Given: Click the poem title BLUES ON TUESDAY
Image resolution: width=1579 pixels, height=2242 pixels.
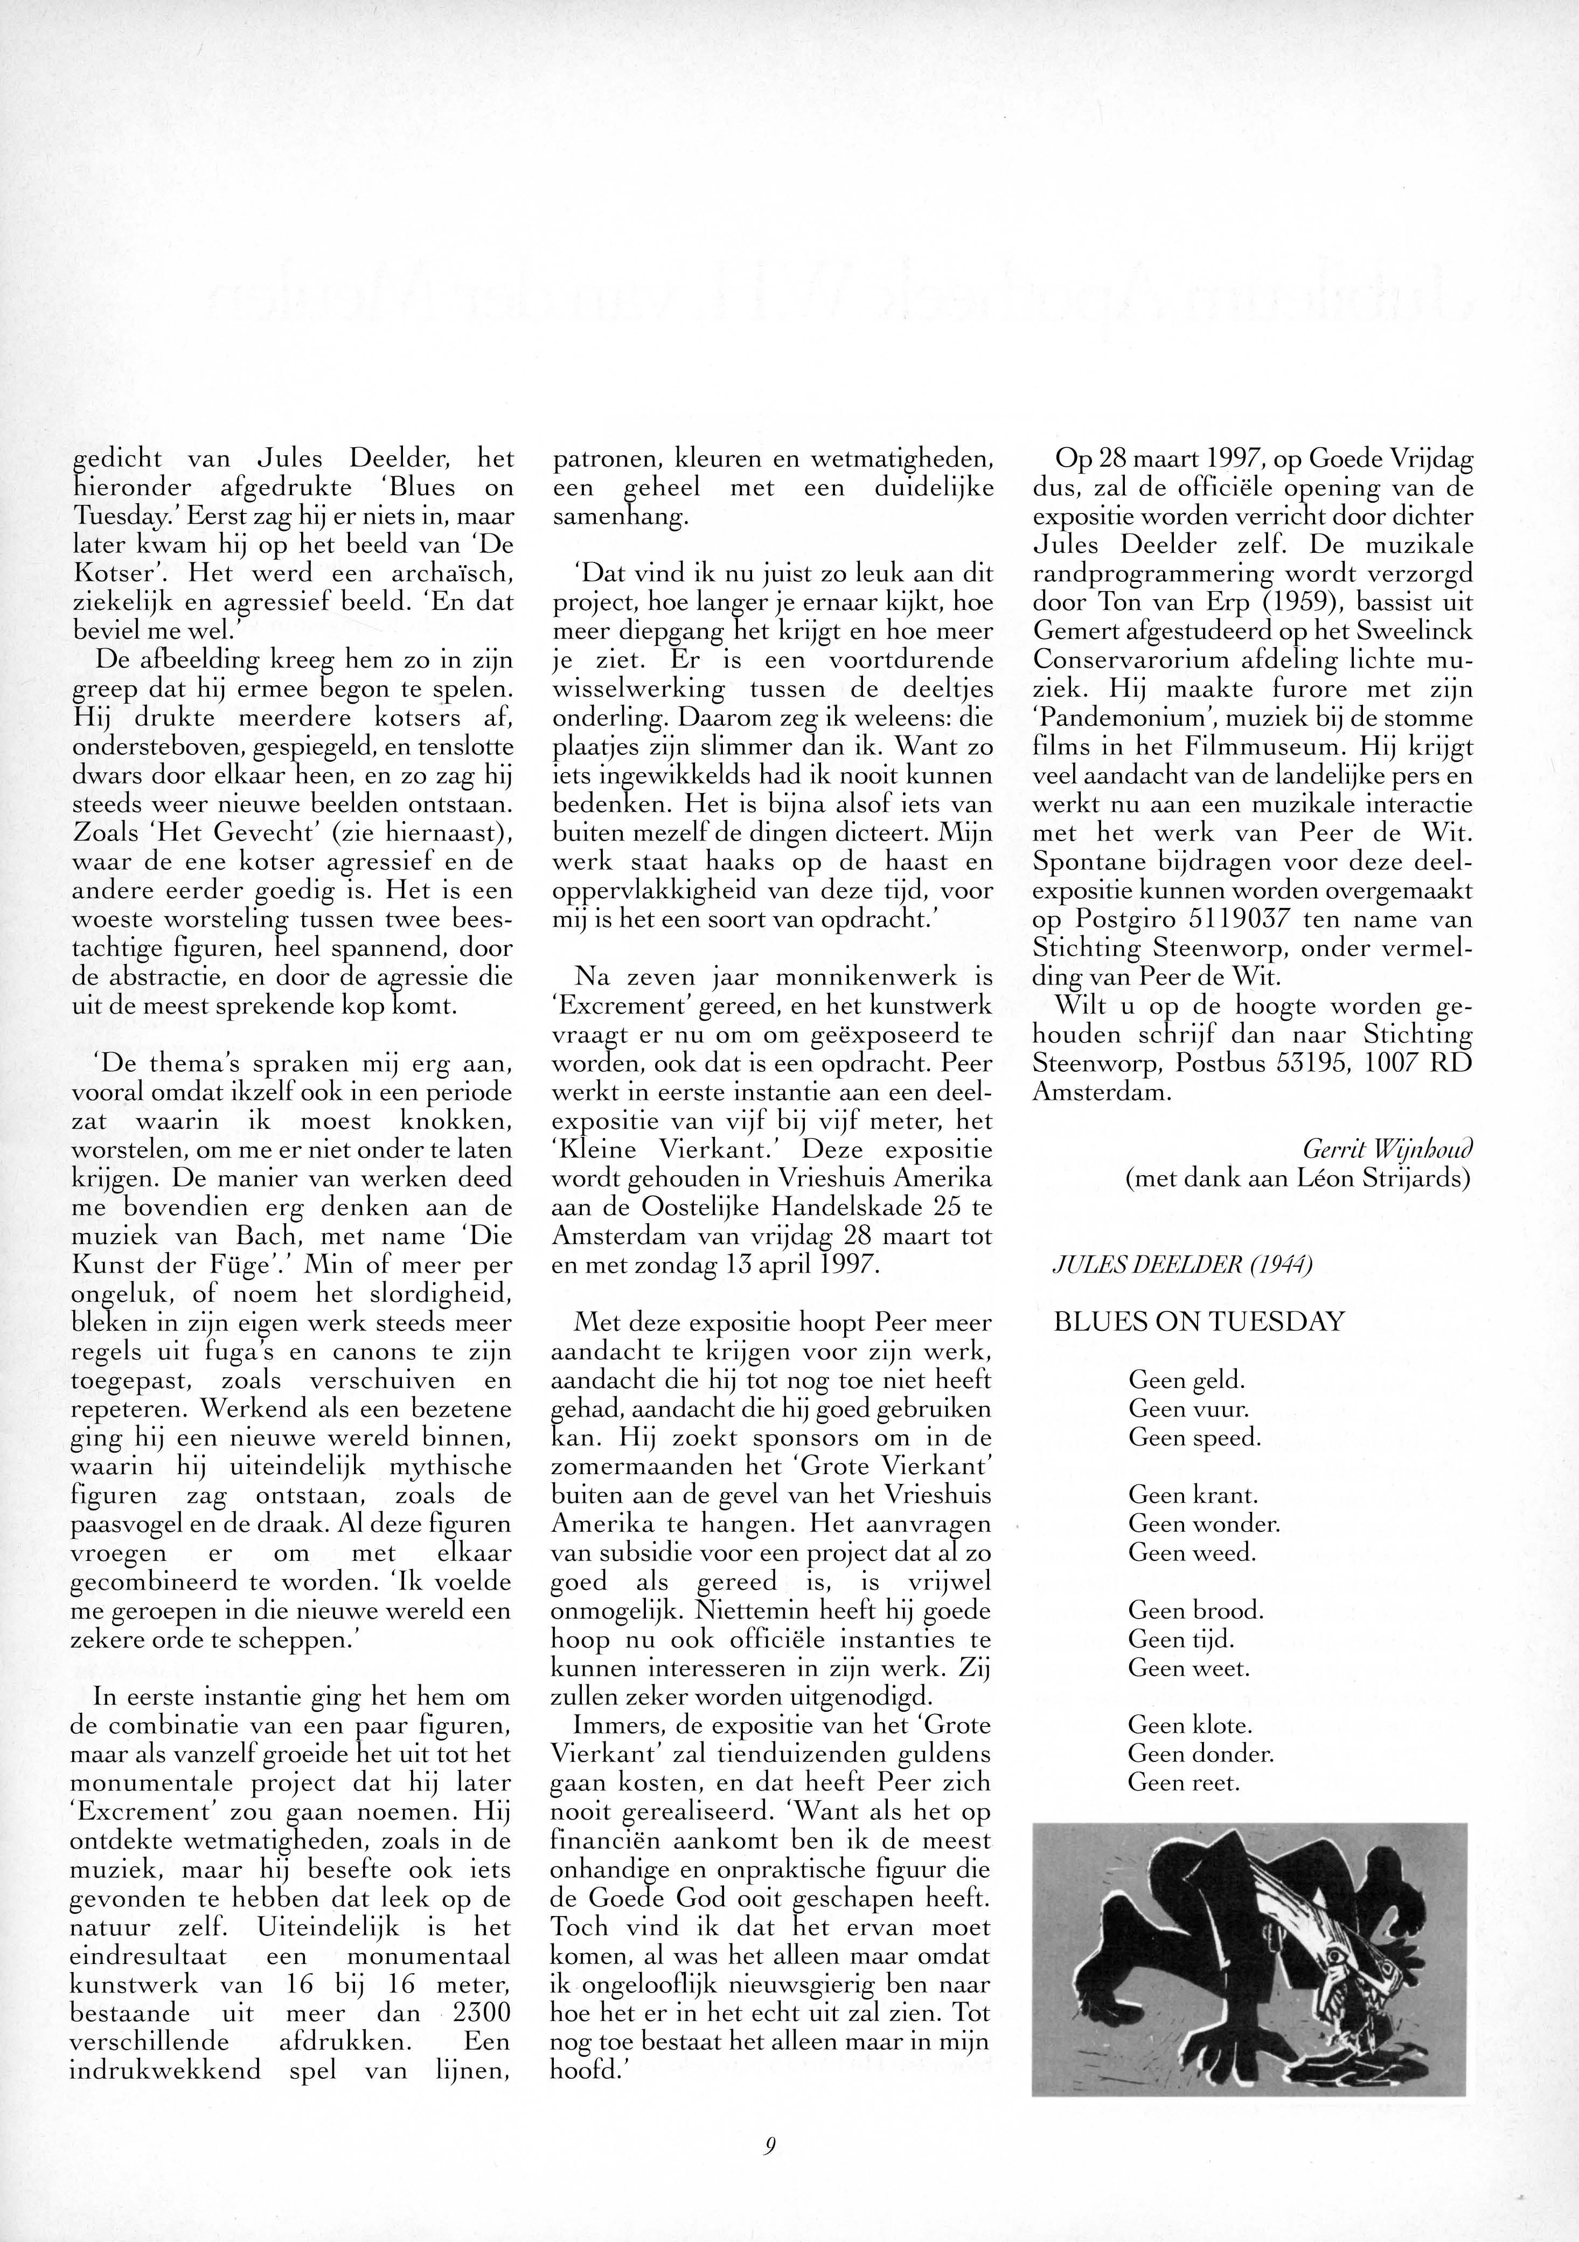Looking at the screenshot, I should (x=1198, y=1322).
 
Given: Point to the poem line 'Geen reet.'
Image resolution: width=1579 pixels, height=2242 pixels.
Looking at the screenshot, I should (x=1184, y=1782).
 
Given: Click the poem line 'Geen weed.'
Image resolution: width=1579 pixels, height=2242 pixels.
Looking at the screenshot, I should (x=1191, y=1553).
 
